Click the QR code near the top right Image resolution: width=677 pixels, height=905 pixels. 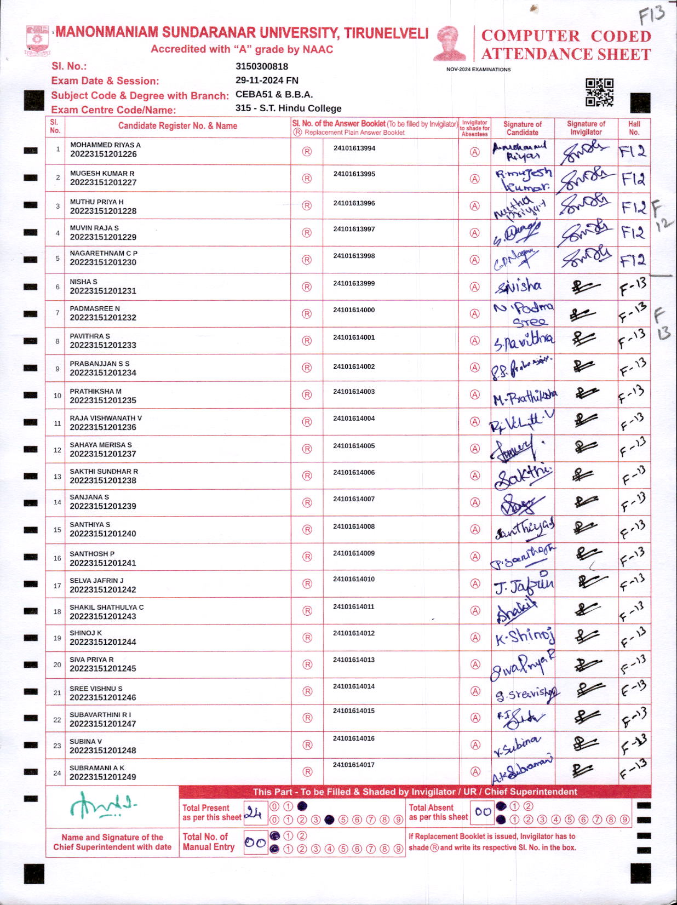coord(599,92)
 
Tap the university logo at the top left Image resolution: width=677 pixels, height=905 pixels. coord(38,39)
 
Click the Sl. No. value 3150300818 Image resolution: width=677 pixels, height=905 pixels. coord(261,66)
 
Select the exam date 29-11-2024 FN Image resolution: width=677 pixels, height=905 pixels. coord(267,80)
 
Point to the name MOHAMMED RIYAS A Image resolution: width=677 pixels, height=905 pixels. coord(105,145)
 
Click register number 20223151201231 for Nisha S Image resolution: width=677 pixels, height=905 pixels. coord(103,291)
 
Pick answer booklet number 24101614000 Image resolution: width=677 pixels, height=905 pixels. coord(354,310)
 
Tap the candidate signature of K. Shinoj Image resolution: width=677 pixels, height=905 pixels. coord(524,637)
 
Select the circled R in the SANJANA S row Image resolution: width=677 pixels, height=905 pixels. coord(307,502)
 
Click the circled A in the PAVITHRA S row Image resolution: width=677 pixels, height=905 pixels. coord(475,341)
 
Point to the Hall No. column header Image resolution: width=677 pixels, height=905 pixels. coord(634,128)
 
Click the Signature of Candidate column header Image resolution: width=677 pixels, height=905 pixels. coord(522,128)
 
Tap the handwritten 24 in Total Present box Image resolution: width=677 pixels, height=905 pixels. coord(254,814)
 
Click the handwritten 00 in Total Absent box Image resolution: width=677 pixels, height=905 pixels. coord(483,812)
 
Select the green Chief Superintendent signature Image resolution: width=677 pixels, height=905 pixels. coord(102,805)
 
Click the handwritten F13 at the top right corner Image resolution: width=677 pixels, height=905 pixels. coord(651,14)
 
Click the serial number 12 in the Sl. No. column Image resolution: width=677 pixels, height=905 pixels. coord(57,450)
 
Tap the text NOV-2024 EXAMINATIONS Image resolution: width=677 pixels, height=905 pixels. coord(478,70)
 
